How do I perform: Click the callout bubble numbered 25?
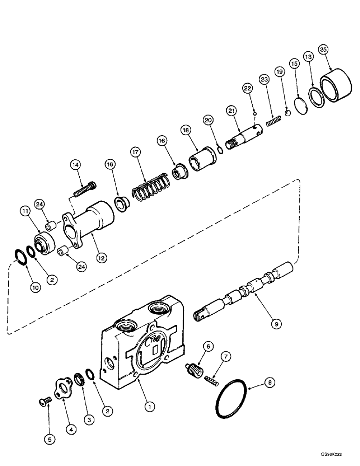(x=322, y=49)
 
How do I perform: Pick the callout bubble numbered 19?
(x=279, y=72)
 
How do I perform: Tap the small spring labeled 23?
(x=273, y=121)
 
